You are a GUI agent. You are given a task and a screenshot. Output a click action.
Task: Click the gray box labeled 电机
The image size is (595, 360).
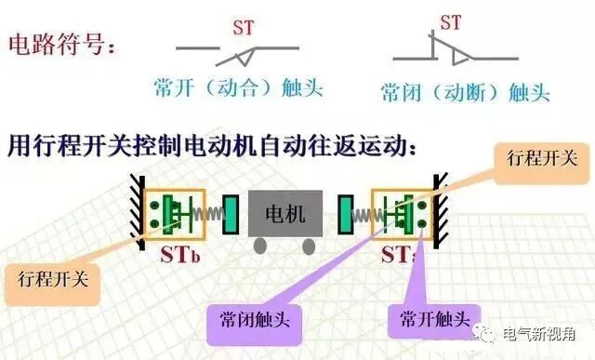click(x=284, y=214)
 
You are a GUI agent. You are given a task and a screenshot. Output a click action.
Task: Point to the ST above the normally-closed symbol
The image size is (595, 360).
click(x=450, y=21)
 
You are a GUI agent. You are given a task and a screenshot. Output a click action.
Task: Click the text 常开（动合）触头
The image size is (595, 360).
click(x=238, y=88)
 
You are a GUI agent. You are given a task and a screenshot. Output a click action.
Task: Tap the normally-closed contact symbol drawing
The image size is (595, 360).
click(x=450, y=54)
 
